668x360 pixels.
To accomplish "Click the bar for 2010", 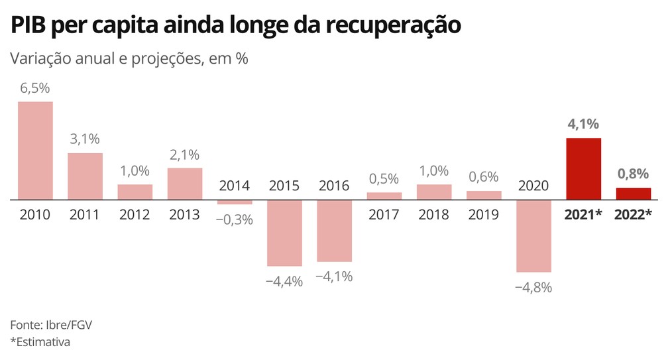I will pos(35,150).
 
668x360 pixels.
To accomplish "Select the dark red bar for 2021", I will pos(583,168).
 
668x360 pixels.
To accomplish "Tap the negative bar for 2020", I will pos(533,235).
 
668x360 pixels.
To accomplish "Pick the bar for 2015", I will pos(284,233).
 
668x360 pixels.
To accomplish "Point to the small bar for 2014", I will pos(235,202).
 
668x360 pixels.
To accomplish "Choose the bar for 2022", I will pos(633,193).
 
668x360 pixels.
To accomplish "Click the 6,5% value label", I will pos(35,88).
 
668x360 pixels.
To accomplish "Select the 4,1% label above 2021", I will pos(583,123).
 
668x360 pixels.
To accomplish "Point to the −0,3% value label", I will pos(235,219).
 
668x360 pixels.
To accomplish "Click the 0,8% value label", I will pos(633,174).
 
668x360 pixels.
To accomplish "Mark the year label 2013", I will pos(184,215).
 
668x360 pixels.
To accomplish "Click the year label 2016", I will pos(334,186).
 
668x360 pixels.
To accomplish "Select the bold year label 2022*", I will pos(634,215).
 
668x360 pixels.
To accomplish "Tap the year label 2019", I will pos(484,215).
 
